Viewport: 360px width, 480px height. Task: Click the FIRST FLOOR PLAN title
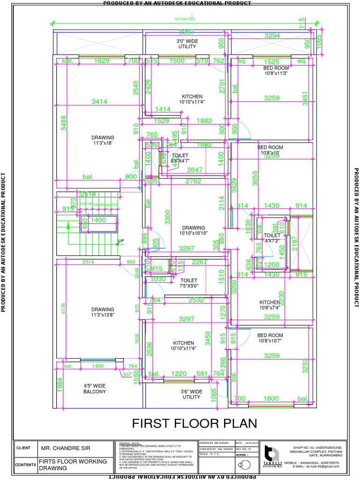(x=194, y=423)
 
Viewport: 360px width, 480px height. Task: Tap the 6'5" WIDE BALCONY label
(x=95, y=388)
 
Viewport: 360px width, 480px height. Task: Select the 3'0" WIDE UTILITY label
(x=187, y=44)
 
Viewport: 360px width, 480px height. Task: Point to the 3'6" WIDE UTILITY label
(x=191, y=394)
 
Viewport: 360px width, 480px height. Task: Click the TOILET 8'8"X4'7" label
(x=180, y=158)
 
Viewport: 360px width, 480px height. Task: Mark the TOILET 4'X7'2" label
(x=272, y=239)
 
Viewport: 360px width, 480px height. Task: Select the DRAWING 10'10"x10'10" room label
(x=194, y=231)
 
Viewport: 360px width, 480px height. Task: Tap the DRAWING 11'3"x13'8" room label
(x=103, y=312)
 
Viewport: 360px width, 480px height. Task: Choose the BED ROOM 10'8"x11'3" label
(x=276, y=70)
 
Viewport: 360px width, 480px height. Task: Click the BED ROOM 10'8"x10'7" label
(x=270, y=338)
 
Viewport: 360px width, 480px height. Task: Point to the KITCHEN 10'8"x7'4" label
(x=270, y=305)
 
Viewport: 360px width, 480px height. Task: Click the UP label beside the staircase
(x=121, y=241)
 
